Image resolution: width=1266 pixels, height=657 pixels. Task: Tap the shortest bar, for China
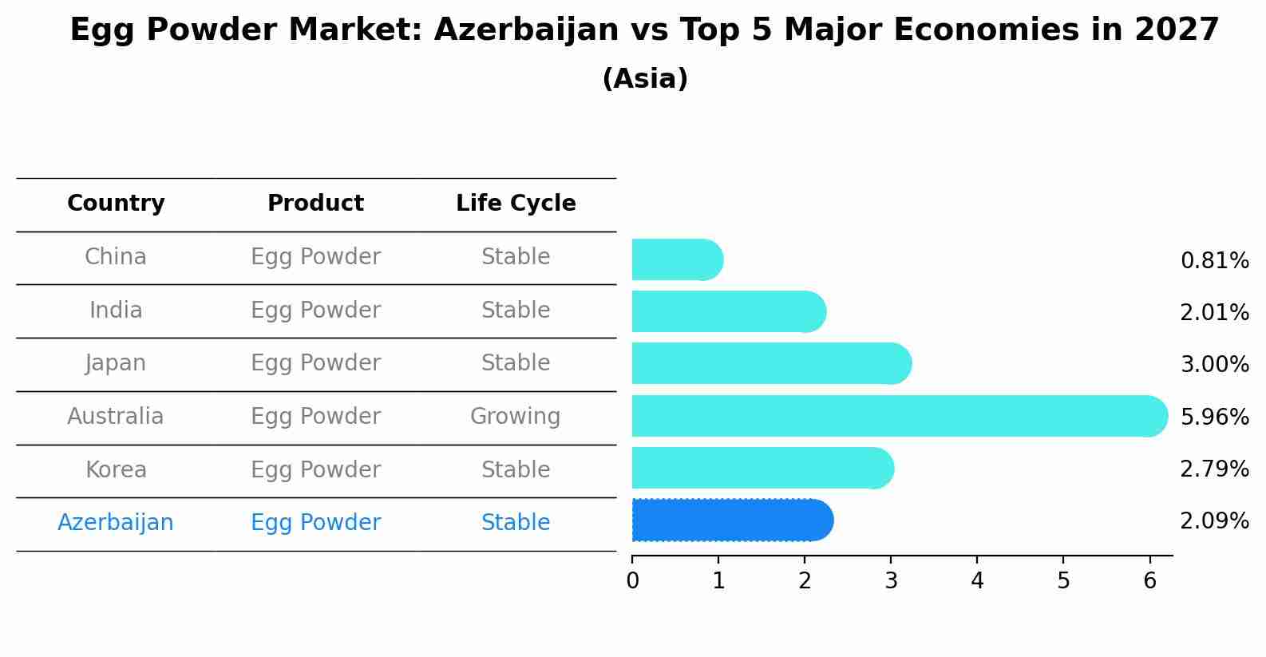point(675,260)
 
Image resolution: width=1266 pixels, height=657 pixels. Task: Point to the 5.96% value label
point(1214,417)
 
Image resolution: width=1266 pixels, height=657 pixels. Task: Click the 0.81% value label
point(1214,261)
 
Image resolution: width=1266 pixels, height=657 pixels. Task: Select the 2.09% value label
point(1214,521)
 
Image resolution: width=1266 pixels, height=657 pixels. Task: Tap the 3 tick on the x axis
point(891,580)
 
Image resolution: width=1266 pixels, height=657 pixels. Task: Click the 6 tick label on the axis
point(1149,580)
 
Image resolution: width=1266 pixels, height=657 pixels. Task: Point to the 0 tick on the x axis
point(632,580)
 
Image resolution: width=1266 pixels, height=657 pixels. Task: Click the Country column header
point(116,204)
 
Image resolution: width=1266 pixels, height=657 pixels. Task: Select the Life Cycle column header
point(516,204)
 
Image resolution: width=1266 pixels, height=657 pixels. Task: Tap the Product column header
point(315,204)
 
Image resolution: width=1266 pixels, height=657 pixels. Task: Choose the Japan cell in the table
point(116,363)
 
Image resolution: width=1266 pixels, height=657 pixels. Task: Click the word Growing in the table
point(515,417)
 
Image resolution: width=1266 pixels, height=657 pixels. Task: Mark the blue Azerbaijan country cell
point(116,523)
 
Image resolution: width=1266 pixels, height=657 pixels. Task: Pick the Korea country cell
point(116,470)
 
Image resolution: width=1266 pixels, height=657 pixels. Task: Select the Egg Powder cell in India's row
point(315,311)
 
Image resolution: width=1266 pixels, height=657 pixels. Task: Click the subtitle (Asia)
point(645,79)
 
